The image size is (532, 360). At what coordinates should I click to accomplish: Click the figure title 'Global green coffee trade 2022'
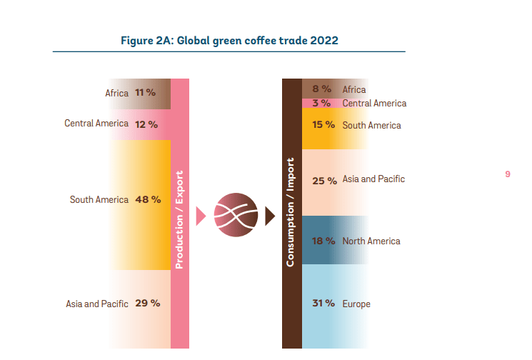pyautogui.click(x=229, y=40)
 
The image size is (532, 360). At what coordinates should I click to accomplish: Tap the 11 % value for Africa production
pyautogui.click(x=146, y=93)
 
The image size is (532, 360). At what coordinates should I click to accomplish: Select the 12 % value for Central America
pyautogui.click(x=146, y=124)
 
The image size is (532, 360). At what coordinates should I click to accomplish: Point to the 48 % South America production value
pyautogui.click(x=148, y=199)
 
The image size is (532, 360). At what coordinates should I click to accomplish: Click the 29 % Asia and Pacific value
pyautogui.click(x=148, y=303)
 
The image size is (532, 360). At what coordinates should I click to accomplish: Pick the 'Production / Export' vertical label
pyautogui.click(x=179, y=219)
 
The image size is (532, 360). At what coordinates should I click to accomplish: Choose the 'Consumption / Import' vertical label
pyautogui.click(x=291, y=211)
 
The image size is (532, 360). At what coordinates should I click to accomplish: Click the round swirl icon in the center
pyautogui.click(x=234, y=214)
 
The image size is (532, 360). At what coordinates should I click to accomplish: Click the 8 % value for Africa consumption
pyautogui.click(x=322, y=89)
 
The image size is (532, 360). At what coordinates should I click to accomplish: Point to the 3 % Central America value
pyautogui.click(x=322, y=103)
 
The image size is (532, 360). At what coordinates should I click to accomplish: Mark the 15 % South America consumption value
pyautogui.click(x=323, y=124)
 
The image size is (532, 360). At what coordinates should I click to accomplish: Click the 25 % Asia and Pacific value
pyautogui.click(x=324, y=180)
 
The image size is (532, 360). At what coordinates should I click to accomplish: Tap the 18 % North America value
pyautogui.click(x=323, y=241)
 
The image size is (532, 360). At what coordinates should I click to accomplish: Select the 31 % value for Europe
pyautogui.click(x=323, y=304)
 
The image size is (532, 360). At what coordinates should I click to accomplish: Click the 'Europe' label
pyautogui.click(x=356, y=304)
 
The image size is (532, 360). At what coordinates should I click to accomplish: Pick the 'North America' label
pyautogui.click(x=371, y=241)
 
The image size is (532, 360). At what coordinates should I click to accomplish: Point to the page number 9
pyautogui.click(x=507, y=174)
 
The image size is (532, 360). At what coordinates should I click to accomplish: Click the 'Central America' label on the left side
pyautogui.click(x=96, y=124)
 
